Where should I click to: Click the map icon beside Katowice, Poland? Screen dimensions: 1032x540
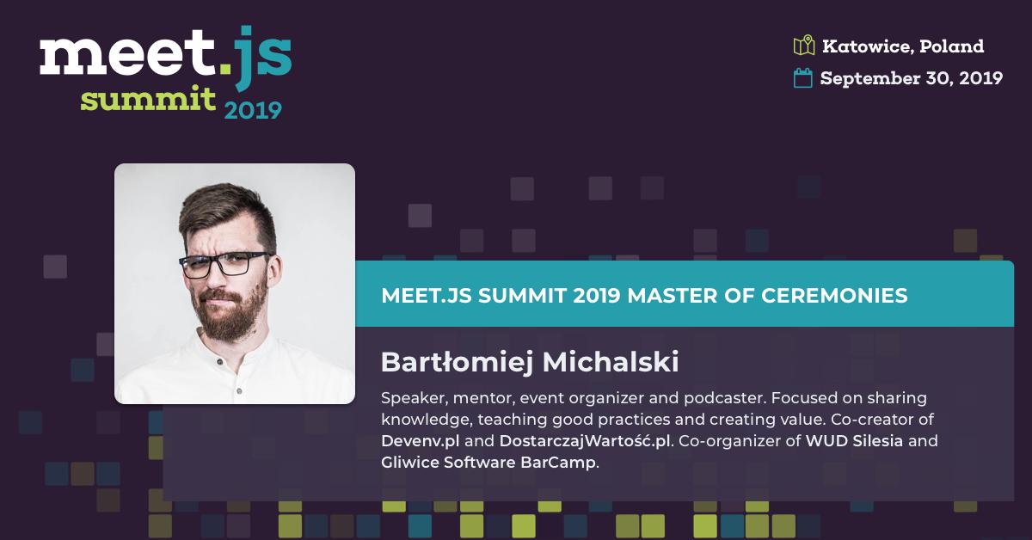(804, 46)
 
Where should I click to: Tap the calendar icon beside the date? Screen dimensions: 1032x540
(802, 78)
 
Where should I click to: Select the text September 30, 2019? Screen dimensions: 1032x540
(912, 78)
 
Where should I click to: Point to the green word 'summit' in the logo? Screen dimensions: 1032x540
(148, 99)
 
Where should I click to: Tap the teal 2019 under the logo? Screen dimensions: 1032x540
(253, 111)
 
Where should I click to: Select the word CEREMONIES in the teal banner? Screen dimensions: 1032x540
(834, 296)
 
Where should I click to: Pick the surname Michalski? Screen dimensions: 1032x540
(611, 362)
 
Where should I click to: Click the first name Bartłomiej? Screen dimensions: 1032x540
(457, 363)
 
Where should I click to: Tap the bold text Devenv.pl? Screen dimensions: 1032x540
(421, 441)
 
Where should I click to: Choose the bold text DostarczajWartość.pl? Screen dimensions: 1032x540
(585, 441)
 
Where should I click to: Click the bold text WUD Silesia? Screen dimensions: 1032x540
(854, 441)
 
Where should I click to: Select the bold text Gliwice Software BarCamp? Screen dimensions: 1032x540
(488, 462)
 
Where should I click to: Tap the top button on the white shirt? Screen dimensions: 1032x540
(219, 363)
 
